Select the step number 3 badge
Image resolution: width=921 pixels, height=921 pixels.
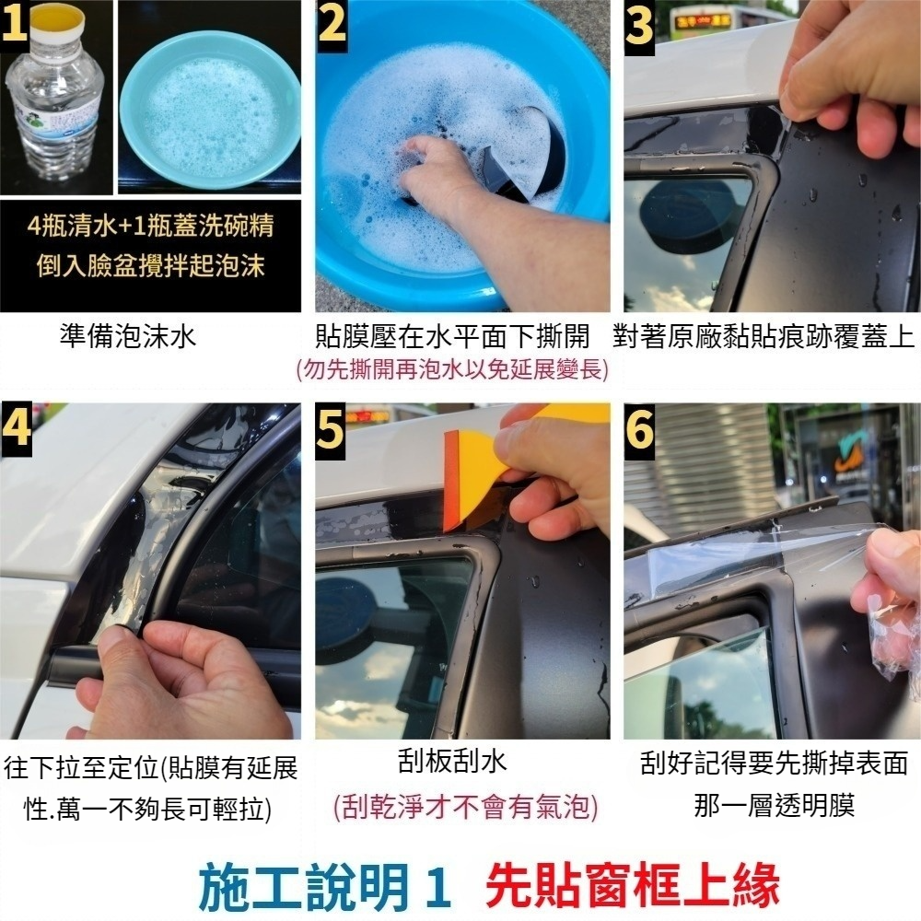tap(639, 28)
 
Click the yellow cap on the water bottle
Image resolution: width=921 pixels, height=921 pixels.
tap(57, 20)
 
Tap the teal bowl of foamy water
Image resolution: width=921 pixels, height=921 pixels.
tap(210, 111)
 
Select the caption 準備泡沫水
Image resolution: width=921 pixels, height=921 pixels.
tap(128, 336)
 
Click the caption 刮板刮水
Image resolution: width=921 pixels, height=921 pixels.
tap(451, 762)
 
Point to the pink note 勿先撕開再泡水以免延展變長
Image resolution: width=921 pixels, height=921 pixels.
tap(452, 370)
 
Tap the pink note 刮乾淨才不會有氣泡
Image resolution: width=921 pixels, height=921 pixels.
tap(465, 807)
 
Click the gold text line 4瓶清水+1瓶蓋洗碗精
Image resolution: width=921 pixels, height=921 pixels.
tap(151, 227)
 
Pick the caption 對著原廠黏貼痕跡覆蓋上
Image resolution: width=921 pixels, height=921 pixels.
tap(764, 336)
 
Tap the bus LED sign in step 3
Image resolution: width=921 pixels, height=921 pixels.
tap(703, 22)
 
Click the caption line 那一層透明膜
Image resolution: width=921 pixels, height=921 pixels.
tap(775, 805)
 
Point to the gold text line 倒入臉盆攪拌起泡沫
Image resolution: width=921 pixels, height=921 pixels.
tap(151, 265)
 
